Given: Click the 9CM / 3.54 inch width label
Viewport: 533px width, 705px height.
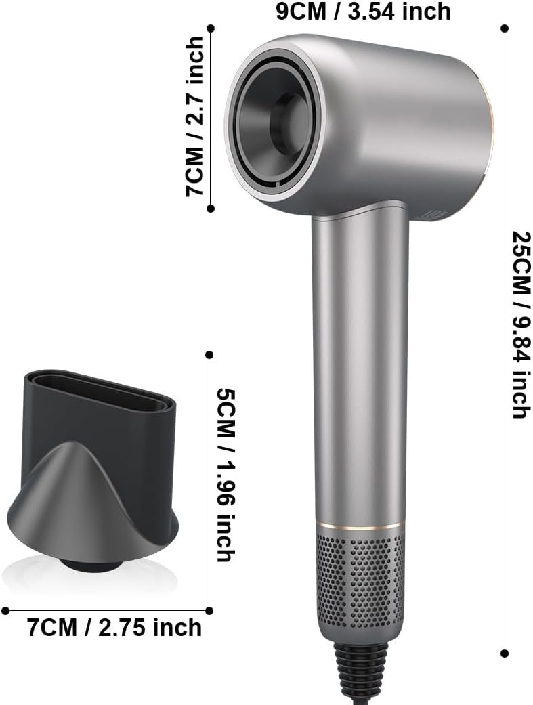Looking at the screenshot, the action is click(363, 12).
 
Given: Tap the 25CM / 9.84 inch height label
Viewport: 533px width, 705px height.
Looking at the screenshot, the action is click(521, 324).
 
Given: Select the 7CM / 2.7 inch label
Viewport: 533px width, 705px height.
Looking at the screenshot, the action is click(195, 116).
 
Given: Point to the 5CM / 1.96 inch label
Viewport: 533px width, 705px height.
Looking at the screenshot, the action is click(226, 475).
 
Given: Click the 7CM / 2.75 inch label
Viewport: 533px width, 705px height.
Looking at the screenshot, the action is click(114, 627).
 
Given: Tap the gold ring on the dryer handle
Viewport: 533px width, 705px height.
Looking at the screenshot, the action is click(360, 525).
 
